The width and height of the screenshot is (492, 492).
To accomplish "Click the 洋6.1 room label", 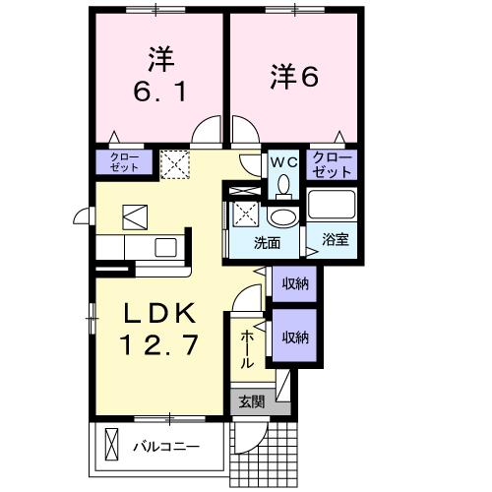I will pos(160,77).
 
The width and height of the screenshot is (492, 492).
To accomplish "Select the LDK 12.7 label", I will pos(161,330).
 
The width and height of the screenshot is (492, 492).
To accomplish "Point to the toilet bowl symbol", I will pos(283,183).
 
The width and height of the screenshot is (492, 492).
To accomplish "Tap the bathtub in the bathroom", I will pos(333,205).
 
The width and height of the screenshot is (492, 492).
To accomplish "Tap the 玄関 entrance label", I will pos(250,400).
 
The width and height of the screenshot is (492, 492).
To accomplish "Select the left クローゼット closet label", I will pos(123,162).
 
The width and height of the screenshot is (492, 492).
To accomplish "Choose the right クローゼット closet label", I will pos(332,163).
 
